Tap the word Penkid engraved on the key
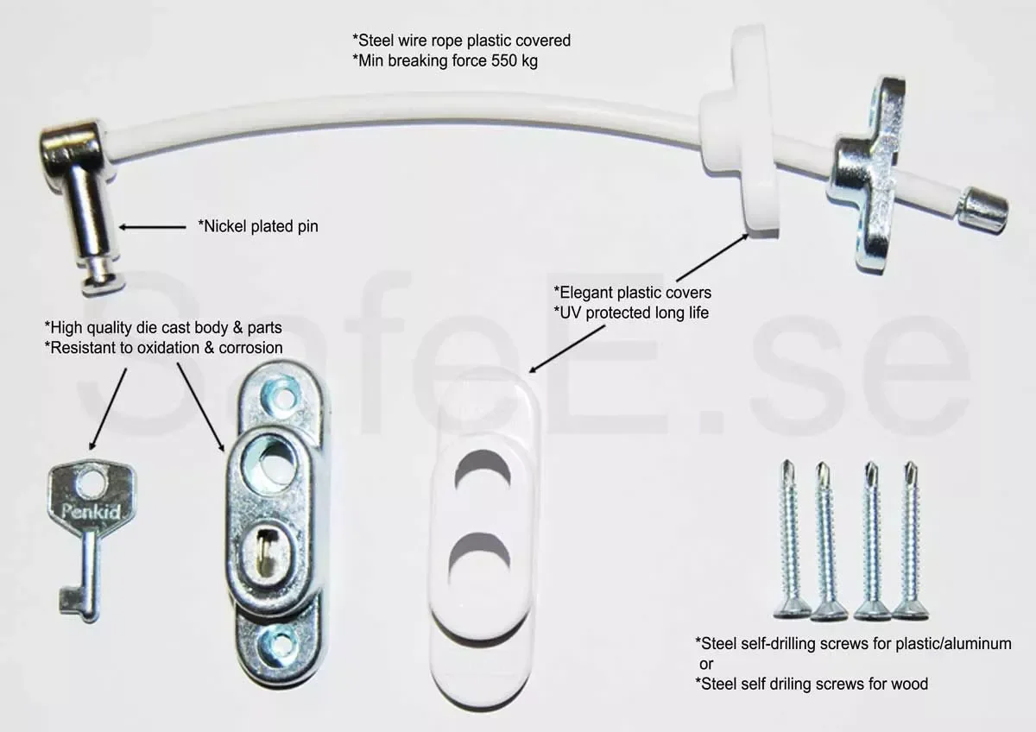(x=92, y=512)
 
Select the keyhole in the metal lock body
(x=265, y=552)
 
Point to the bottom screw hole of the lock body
(x=279, y=643)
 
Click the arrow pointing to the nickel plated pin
(x=152, y=227)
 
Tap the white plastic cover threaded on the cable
(x=739, y=129)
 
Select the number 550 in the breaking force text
(x=504, y=60)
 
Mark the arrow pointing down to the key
(x=108, y=409)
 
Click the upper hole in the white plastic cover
(x=483, y=472)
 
